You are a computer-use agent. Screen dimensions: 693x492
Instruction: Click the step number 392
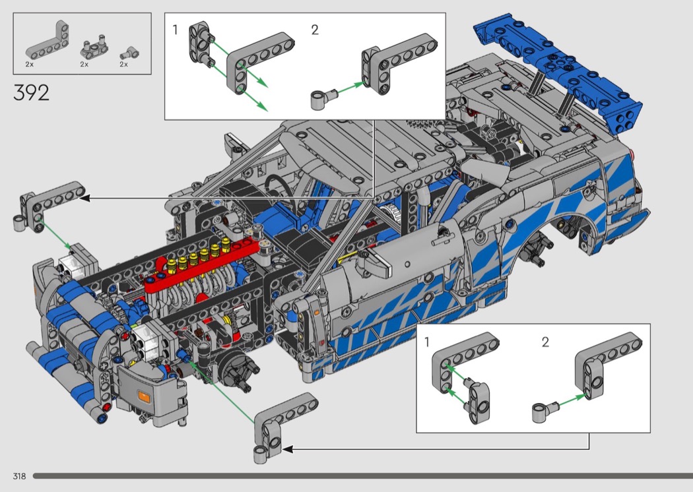pyautogui.click(x=31, y=93)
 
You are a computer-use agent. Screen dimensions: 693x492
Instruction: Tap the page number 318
pyautogui.click(x=19, y=476)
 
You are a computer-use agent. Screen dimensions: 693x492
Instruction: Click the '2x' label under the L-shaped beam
pyautogui.click(x=30, y=65)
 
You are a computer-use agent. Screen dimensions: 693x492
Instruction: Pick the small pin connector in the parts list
pyautogui.click(x=130, y=53)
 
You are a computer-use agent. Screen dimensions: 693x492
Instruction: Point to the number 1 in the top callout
pyautogui.click(x=175, y=30)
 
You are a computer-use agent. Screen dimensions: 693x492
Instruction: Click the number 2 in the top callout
pyautogui.click(x=315, y=30)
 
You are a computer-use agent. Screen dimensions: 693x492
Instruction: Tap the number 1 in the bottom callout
pyautogui.click(x=426, y=342)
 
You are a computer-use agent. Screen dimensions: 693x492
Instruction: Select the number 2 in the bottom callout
pyautogui.click(x=545, y=342)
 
